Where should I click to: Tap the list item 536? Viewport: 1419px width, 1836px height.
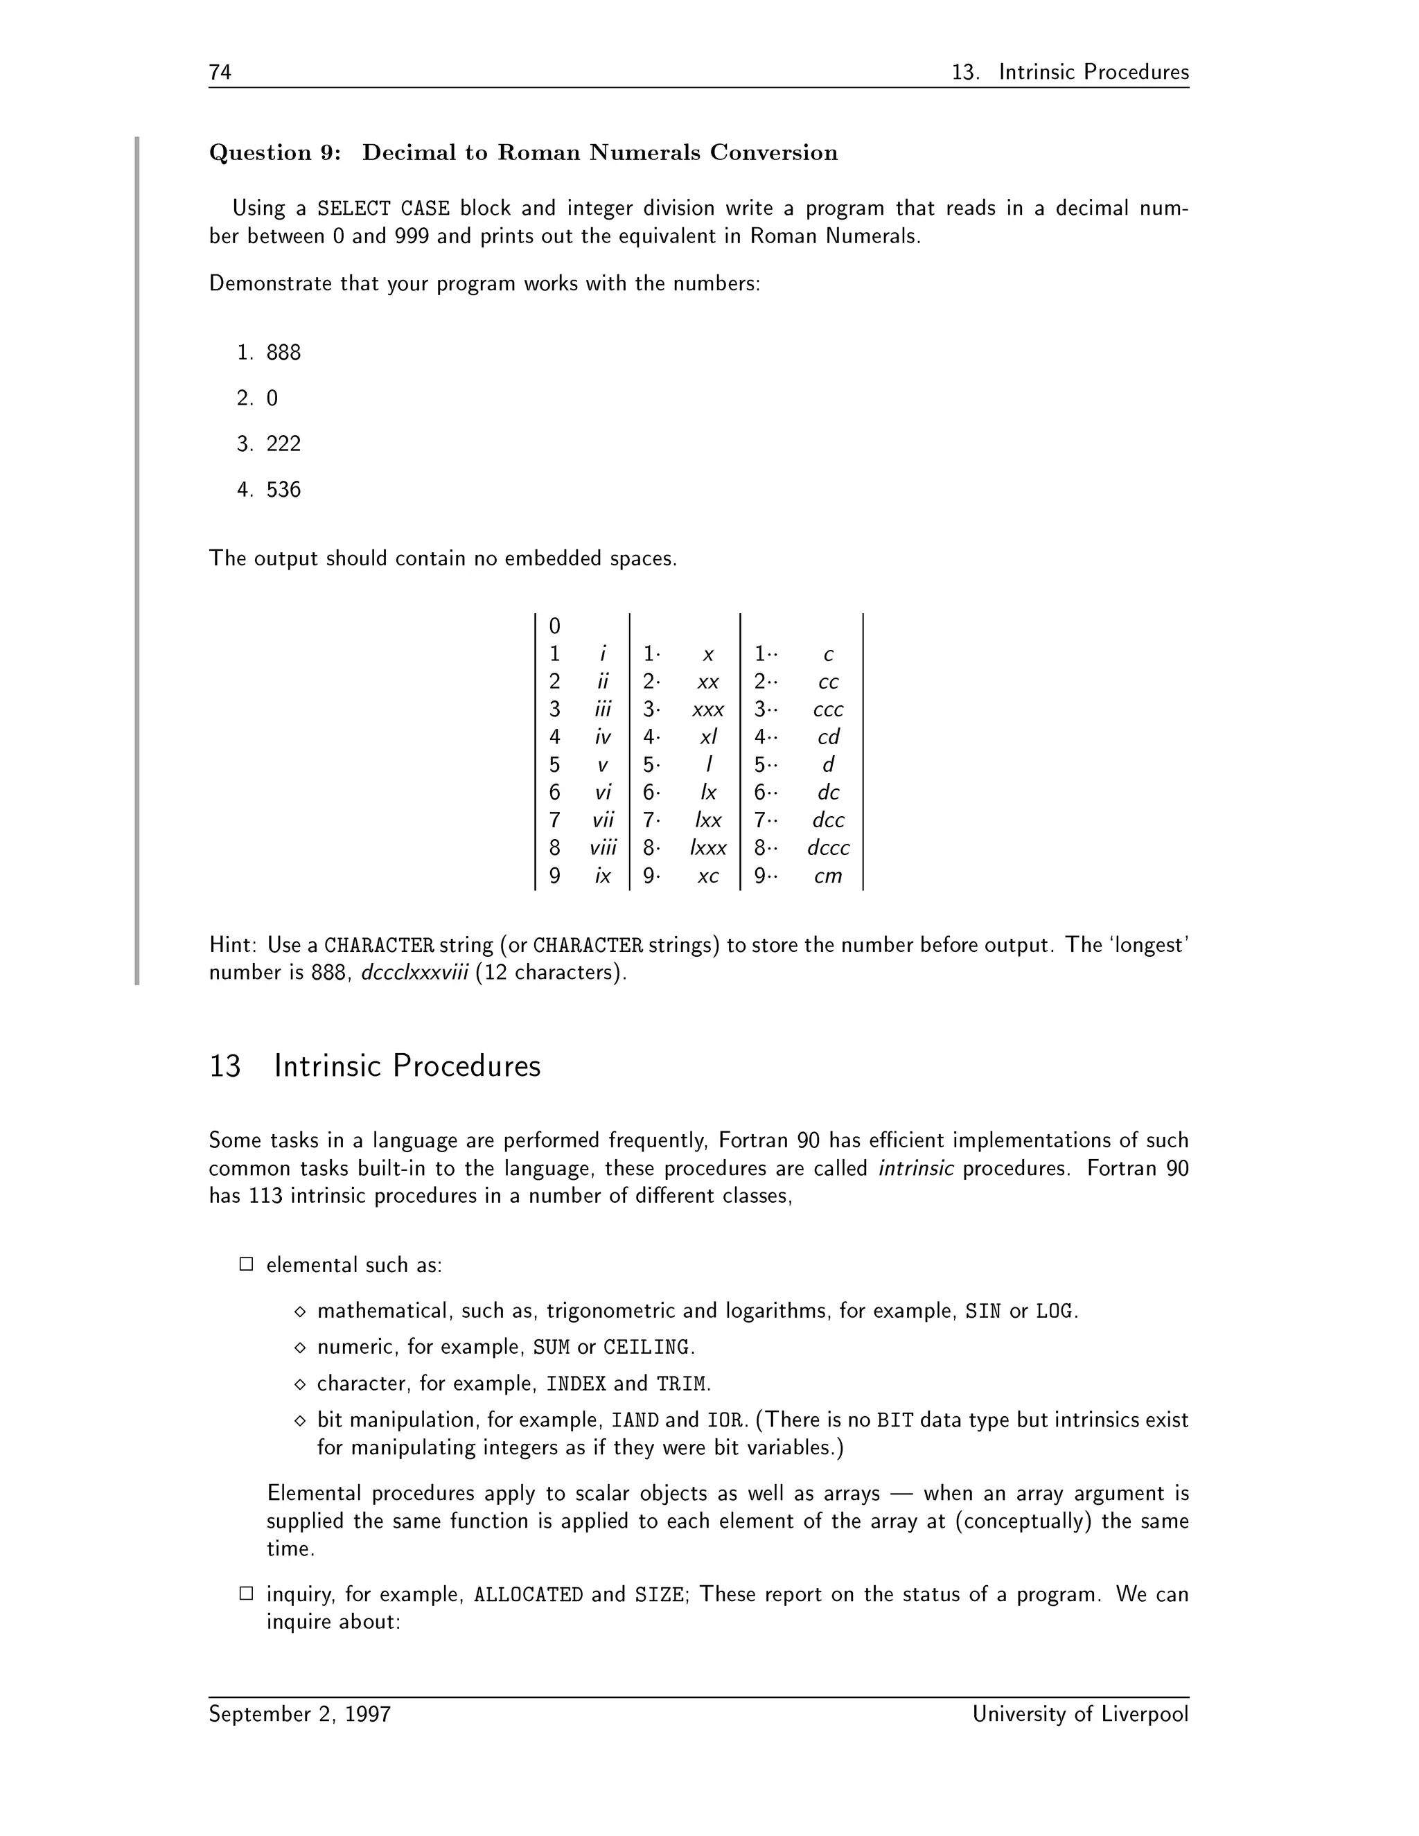283,489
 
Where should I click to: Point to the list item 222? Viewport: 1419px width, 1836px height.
283,444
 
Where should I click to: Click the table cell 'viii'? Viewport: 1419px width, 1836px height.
603,847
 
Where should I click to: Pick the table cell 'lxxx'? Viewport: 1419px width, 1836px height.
708,847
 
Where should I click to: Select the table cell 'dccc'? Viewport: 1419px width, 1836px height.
828,847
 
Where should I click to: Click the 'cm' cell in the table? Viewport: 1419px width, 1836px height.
827,876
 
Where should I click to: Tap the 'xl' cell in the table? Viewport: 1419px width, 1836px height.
708,737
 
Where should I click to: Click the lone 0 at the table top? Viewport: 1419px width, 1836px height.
554,626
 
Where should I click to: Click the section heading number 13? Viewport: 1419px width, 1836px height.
224,1066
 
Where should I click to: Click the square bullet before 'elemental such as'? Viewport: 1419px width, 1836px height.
246,1264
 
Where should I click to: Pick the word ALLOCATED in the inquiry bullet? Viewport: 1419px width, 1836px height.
528,1595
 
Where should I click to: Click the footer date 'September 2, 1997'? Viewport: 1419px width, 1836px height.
299,1714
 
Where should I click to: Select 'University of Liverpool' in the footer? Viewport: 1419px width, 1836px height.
1080,1714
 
